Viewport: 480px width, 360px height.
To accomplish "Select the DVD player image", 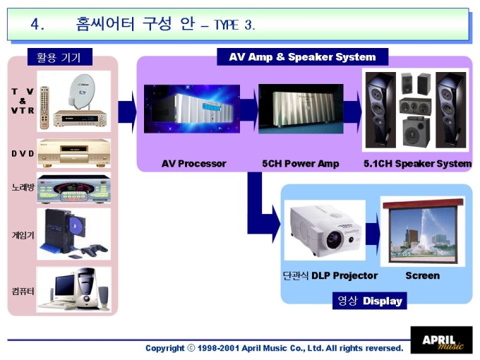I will coord(73,150).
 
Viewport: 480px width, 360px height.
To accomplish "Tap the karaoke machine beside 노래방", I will coord(73,188).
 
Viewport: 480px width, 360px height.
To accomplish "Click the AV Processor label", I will coord(193,164).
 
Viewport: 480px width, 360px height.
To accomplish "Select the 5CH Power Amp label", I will coord(300,164).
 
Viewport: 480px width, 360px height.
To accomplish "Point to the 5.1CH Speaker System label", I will coord(417,164).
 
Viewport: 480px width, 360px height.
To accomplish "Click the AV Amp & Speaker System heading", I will coord(302,57).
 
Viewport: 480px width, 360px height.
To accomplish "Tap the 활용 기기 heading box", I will coord(59,57).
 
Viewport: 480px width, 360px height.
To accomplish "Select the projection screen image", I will coord(423,229).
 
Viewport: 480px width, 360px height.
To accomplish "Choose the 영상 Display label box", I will coord(369,301).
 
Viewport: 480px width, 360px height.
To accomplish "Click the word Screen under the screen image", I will coord(422,275).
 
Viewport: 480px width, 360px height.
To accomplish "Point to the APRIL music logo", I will coord(442,340).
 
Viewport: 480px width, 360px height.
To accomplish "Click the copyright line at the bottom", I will coord(274,348).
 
